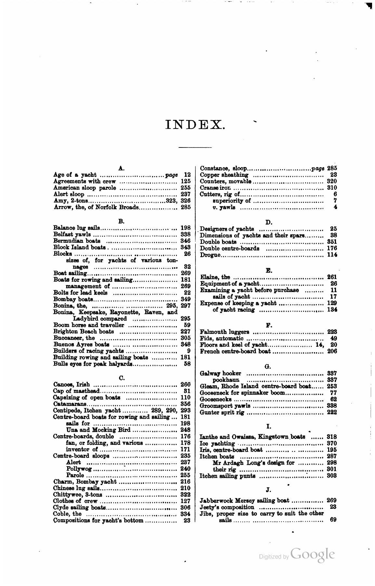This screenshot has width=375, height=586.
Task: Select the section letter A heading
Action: pos(121,168)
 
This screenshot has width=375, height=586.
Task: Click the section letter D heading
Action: pos(268,222)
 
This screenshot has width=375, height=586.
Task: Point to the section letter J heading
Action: pos(268,490)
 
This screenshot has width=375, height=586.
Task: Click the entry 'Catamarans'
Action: pos(67,404)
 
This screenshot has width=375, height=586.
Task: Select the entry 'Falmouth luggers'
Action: pos(224,332)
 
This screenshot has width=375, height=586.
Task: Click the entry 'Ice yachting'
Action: pos(217,443)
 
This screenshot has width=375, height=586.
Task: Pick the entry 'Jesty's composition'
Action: pos(227,507)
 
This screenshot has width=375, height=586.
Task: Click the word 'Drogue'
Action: pos(210,255)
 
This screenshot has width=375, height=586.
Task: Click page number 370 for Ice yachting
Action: pos(332,443)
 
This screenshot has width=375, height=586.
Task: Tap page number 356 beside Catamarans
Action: pos(185,404)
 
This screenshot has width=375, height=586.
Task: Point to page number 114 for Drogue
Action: pos(332,255)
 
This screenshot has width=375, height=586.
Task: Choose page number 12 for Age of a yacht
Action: pos(187,175)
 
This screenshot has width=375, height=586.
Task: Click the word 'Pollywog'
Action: pos(79,469)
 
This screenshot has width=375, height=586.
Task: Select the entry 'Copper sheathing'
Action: pos(224,175)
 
